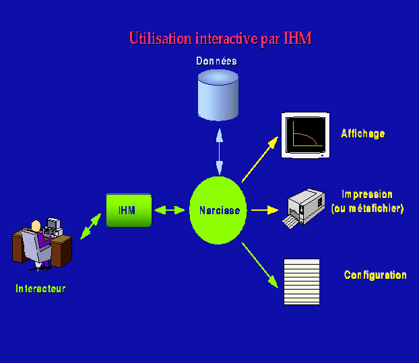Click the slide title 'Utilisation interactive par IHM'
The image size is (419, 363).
220,38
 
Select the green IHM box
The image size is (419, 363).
128,210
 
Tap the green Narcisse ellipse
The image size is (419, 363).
220,211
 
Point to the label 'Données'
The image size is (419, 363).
216,61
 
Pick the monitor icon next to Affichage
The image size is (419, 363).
305,135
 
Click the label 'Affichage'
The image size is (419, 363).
363,133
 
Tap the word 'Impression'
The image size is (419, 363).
366,194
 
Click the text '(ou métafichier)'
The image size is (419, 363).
368,209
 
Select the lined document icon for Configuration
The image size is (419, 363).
301,282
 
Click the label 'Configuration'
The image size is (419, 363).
375,275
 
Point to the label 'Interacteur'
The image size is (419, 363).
40,288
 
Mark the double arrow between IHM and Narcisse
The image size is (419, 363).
170,210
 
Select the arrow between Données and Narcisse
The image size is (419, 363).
219,150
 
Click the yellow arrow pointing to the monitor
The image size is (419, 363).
259,159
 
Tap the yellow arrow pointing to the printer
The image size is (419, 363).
264,210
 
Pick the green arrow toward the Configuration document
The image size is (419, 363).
260,263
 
